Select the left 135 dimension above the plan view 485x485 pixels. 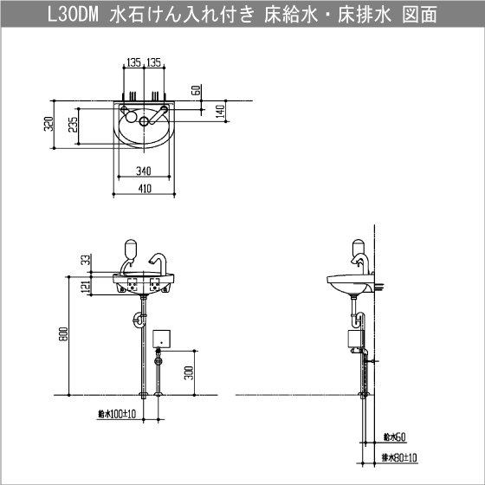(133, 62)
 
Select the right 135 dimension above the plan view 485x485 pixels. (154, 62)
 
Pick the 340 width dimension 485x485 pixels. (143, 170)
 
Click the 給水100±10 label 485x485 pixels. (117, 415)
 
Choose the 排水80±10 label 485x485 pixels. (397, 456)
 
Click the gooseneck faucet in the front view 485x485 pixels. (157, 263)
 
